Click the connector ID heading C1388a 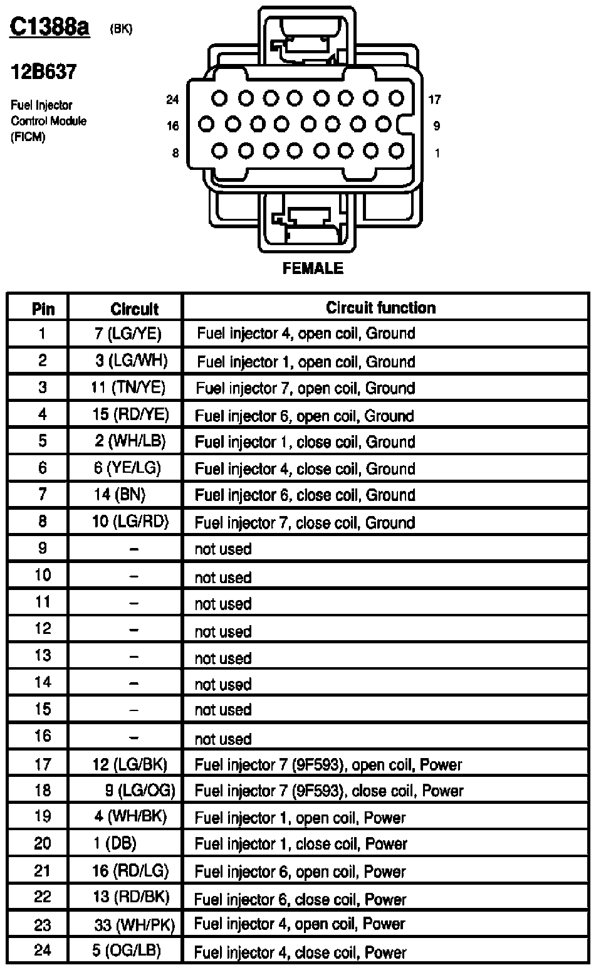[x=50, y=28]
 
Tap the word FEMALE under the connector [x=313, y=268]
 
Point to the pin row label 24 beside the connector [x=173, y=99]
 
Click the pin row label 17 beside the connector [x=435, y=99]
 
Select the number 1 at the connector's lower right [x=437, y=153]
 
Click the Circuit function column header [x=380, y=307]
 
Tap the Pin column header [x=43, y=308]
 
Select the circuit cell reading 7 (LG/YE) [x=128, y=334]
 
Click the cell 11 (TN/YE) [x=128, y=387]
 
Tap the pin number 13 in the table [x=42, y=656]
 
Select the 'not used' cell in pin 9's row [x=223, y=549]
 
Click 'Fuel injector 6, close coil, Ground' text [x=305, y=495]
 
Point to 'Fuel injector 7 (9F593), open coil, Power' [x=328, y=764]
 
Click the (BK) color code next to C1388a [x=121, y=29]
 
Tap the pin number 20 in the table [x=42, y=843]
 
